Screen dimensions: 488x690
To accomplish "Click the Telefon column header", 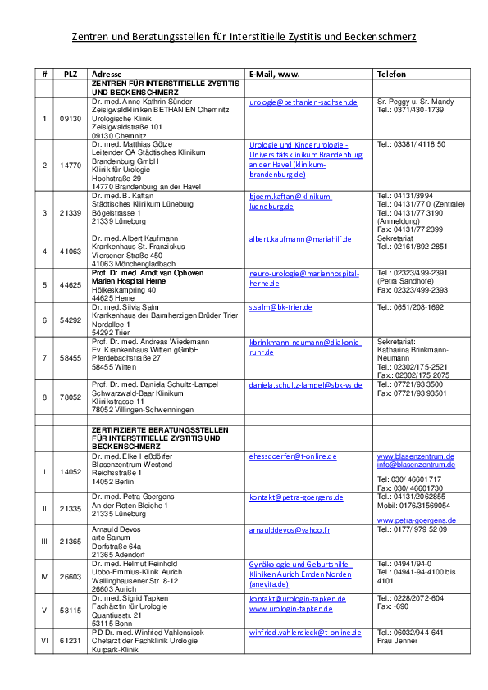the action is pyautogui.click(x=391, y=74).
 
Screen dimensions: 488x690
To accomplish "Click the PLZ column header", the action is pyautogui.click(x=71, y=74).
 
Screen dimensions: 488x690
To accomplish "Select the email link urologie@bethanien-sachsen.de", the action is pyautogui.click(x=303, y=102).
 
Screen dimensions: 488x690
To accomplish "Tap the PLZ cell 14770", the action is pyautogui.click(x=71, y=166).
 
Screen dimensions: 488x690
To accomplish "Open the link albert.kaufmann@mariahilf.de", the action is pyautogui.click(x=300, y=239).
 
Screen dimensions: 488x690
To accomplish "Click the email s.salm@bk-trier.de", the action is pyautogui.click(x=280, y=307).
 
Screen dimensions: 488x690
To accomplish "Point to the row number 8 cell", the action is pyautogui.click(x=44, y=397).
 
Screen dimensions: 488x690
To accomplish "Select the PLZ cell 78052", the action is pyautogui.click(x=71, y=397).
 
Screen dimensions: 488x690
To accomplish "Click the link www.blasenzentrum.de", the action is pyautogui.click(x=416, y=456).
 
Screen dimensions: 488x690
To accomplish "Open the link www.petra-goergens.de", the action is pyautogui.click(x=416, y=520).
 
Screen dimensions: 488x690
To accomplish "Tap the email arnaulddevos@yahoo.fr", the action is pyautogui.click(x=290, y=530).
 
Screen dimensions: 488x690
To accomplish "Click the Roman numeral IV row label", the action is pyautogui.click(x=44, y=576).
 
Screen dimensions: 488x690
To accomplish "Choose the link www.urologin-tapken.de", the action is pyautogui.click(x=290, y=609).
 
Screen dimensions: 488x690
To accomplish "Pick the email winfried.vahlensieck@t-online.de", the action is pyautogui.click(x=305, y=633).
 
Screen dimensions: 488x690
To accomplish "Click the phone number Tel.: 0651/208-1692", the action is pyautogui.click(x=410, y=307).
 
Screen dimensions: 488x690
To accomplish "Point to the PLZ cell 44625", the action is pyautogui.click(x=71, y=285).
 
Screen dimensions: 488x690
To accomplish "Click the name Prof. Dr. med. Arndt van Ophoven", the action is pyautogui.click(x=148, y=273).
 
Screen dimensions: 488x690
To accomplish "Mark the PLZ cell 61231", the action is pyautogui.click(x=71, y=641).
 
